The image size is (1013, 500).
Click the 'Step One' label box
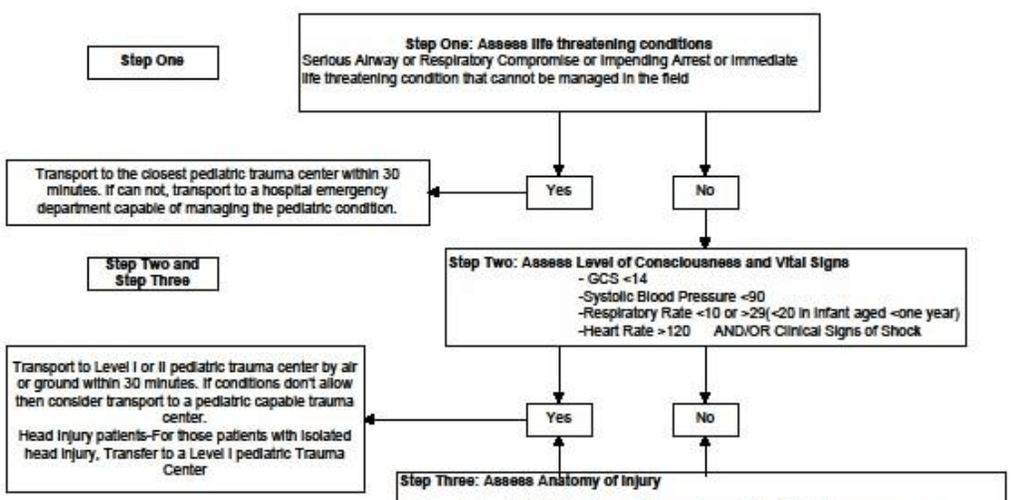click(138, 59)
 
